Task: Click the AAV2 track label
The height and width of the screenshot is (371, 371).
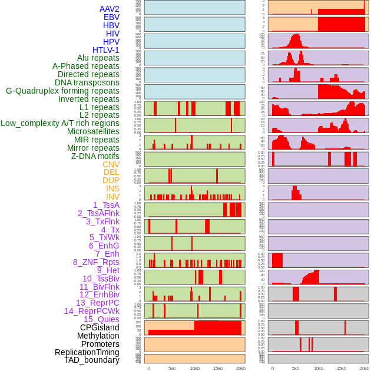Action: (109, 9)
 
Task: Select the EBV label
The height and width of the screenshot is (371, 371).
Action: (111, 17)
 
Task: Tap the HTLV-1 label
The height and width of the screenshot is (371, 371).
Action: (105, 50)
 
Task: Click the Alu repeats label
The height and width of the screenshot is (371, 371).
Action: (98, 58)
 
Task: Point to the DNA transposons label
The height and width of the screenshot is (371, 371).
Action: (87, 82)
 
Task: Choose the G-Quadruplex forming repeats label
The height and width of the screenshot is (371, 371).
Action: (62, 91)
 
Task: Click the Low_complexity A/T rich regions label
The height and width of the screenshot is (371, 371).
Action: (60, 123)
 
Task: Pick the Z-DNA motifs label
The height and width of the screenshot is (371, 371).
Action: (95, 156)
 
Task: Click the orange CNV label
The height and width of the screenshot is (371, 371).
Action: (111, 164)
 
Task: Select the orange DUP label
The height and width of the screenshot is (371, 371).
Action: (111, 180)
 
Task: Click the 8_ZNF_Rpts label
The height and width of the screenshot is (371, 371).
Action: (96, 262)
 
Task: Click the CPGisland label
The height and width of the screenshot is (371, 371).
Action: (100, 327)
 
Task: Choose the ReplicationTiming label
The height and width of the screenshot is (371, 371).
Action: (87, 352)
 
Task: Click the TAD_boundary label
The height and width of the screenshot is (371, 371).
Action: (91, 360)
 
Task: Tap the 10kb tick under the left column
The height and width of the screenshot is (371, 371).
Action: (194, 368)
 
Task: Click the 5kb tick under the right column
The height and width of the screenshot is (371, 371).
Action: (296, 368)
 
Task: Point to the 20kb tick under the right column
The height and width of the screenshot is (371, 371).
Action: (365, 368)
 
